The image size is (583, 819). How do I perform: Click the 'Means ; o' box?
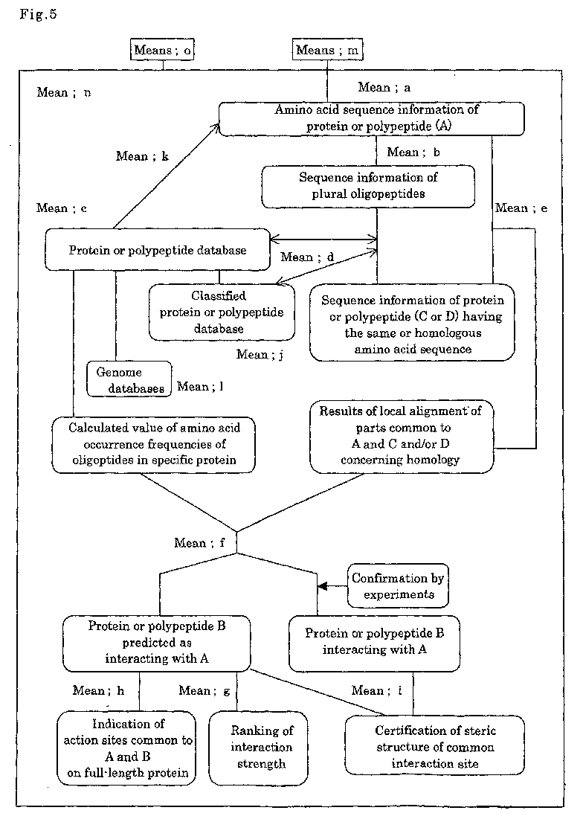162,50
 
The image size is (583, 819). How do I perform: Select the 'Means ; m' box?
326,50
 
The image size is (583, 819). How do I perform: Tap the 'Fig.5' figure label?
38,14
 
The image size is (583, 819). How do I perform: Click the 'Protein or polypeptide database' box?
158,250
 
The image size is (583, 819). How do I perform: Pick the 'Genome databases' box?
129,379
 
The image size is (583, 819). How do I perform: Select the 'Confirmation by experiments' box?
398,585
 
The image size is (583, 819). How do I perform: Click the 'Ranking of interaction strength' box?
258,748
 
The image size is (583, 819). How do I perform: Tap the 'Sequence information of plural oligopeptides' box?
368,187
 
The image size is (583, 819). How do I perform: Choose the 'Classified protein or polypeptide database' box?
222,312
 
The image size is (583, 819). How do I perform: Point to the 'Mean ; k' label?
142,156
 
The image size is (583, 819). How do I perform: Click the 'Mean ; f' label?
199,543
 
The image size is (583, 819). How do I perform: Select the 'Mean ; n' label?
64,92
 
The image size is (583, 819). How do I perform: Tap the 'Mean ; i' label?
377,690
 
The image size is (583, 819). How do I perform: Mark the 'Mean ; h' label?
98,690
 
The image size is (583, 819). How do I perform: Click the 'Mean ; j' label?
260,355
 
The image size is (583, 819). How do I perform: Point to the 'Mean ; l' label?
201,387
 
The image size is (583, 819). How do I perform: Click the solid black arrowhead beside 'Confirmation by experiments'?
323,586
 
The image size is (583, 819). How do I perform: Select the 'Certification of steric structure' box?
435,745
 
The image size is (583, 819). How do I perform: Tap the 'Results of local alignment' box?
402,437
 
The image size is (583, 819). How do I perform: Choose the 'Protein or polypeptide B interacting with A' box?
374,643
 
